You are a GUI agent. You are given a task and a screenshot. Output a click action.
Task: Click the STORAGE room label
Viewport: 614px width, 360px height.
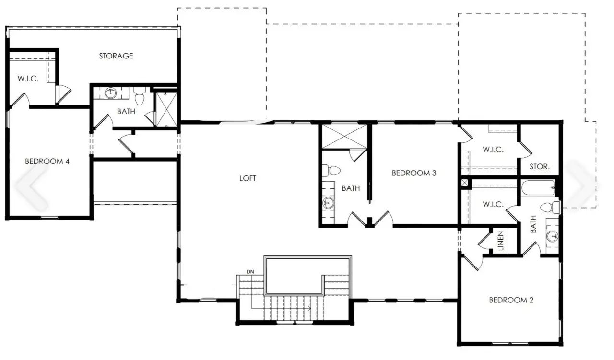(x=116, y=56)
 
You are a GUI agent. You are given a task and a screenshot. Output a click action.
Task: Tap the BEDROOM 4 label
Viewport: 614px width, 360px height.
(x=47, y=161)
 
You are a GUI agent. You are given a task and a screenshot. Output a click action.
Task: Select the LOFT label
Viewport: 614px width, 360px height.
(x=248, y=178)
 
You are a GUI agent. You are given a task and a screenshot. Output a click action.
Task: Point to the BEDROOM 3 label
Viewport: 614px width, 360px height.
(x=414, y=173)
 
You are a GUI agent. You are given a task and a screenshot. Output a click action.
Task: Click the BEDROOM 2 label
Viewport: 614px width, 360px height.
(x=511, y=300)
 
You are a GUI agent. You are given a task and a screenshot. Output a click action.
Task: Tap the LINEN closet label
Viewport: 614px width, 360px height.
(x=500, y=241)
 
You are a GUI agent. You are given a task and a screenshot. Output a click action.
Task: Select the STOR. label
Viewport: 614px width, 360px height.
(x=540, y=166)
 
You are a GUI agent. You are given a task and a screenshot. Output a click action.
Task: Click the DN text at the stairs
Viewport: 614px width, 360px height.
(x=250, y=272)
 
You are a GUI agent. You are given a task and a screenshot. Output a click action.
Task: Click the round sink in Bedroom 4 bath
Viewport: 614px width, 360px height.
(x=111, y=93)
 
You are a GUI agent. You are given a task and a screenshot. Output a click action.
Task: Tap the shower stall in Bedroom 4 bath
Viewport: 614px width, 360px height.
(x=166, y=109)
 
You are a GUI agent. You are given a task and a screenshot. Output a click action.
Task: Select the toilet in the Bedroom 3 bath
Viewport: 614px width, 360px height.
(x=331, y=171)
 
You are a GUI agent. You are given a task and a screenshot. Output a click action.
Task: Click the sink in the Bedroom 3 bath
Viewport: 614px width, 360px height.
(x=328, y=203)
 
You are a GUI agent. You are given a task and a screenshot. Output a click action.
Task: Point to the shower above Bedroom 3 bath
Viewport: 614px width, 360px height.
(x=344, y=137)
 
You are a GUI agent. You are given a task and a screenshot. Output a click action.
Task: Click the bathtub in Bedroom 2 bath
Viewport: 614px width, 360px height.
(x=538, y=188)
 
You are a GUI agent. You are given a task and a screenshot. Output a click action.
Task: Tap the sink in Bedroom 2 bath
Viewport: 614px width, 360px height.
(x=552, y=236)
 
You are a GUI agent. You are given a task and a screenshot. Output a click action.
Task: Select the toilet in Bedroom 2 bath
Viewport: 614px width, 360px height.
(x=550, y=207)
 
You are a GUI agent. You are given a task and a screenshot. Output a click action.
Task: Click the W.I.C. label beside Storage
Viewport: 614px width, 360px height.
(x=28, y=79)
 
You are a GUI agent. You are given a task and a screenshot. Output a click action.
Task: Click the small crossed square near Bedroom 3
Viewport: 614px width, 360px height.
(x=465, y=183)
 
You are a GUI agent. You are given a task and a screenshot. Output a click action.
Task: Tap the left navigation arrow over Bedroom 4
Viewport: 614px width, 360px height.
(x=32, y=186)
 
